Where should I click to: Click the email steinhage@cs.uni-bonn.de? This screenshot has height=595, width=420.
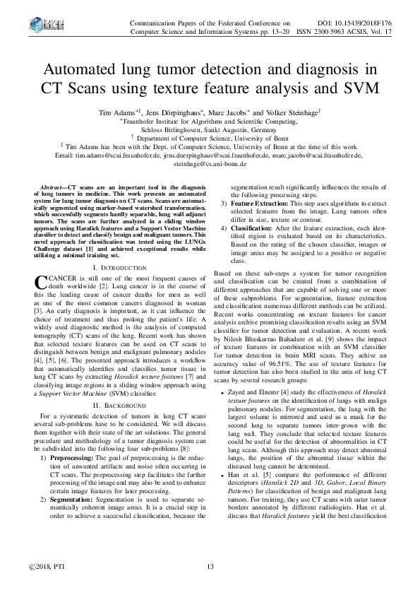tap(210, 163)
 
